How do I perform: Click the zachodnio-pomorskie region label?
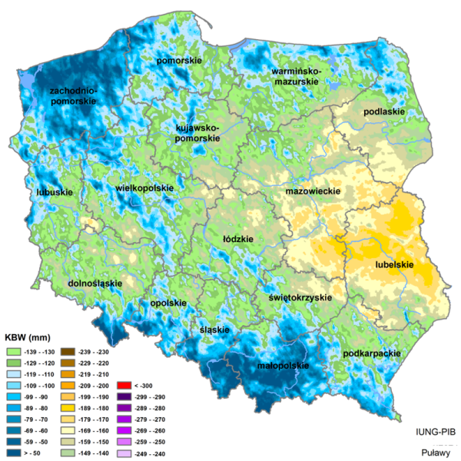coord(72,96)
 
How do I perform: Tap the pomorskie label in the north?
coord(178,60)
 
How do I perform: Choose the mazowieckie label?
coord(313,189)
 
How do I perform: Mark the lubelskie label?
coord(394,264)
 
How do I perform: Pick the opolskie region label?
coord(168,303)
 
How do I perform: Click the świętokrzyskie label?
coord(300,297)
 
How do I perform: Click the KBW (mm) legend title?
coord(28,337)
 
